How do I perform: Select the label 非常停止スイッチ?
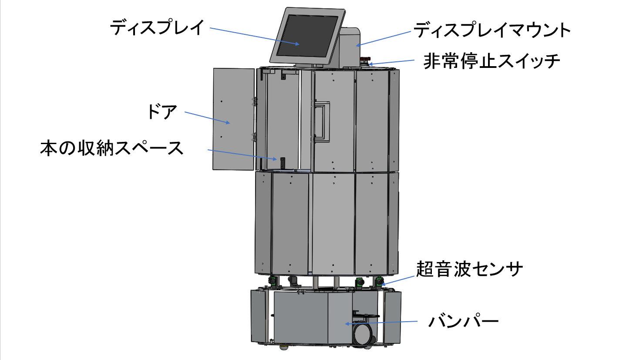tap(492, 61)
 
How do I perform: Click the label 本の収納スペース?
tap(112, 148)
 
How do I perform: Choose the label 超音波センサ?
tap(469, 269)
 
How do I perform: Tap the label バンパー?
tap(463, 322)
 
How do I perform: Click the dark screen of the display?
tap(307, 36)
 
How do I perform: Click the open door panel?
tap(233, 118)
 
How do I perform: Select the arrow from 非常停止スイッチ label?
tap(392, 62)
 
